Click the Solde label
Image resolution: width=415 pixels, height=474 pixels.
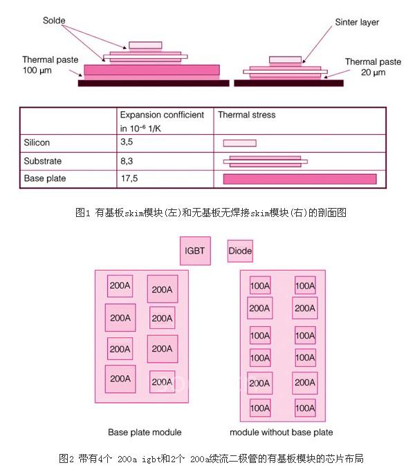pos(53,21)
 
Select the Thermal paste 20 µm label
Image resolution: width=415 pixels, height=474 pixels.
pos(373,67)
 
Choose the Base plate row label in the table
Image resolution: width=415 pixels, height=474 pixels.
pos(44,179)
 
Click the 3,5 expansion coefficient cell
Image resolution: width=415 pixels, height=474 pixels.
pos(127,142)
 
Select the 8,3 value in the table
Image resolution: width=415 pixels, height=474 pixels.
pos(127,161)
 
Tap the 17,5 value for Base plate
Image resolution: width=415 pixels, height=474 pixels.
pos(129,179)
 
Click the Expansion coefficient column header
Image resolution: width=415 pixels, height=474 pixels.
pos(162,120)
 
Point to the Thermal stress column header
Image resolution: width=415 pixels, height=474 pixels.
pos(247,115)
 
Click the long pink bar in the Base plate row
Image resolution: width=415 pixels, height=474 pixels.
pos(299,179)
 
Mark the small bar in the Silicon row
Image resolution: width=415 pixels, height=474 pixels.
pos(239,143)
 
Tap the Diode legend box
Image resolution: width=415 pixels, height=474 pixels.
pos(240,251)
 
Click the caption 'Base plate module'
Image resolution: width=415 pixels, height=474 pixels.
pos(145,433)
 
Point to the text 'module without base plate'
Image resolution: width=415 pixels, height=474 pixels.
pos(281,433)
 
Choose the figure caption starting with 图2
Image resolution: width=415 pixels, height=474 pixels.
pos(210,458)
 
